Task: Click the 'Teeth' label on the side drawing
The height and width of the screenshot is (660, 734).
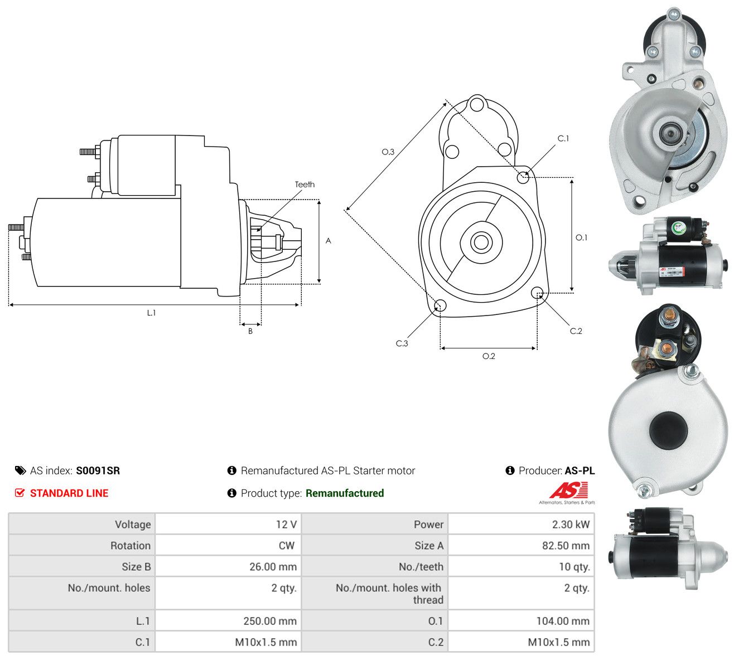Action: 305,185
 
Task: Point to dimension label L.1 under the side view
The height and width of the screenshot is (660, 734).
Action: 151,313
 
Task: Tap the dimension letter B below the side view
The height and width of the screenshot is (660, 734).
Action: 250,331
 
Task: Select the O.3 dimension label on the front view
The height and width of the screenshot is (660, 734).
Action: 388,152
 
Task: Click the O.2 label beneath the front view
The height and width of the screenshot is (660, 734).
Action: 489,356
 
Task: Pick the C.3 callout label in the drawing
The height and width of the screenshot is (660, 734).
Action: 402,343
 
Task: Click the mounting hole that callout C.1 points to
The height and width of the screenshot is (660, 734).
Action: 523,178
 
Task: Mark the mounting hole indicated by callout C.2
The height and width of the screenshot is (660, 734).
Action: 537,293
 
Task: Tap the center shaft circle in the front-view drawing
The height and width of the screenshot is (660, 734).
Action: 481,242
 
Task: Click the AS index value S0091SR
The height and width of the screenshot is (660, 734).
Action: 98,470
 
